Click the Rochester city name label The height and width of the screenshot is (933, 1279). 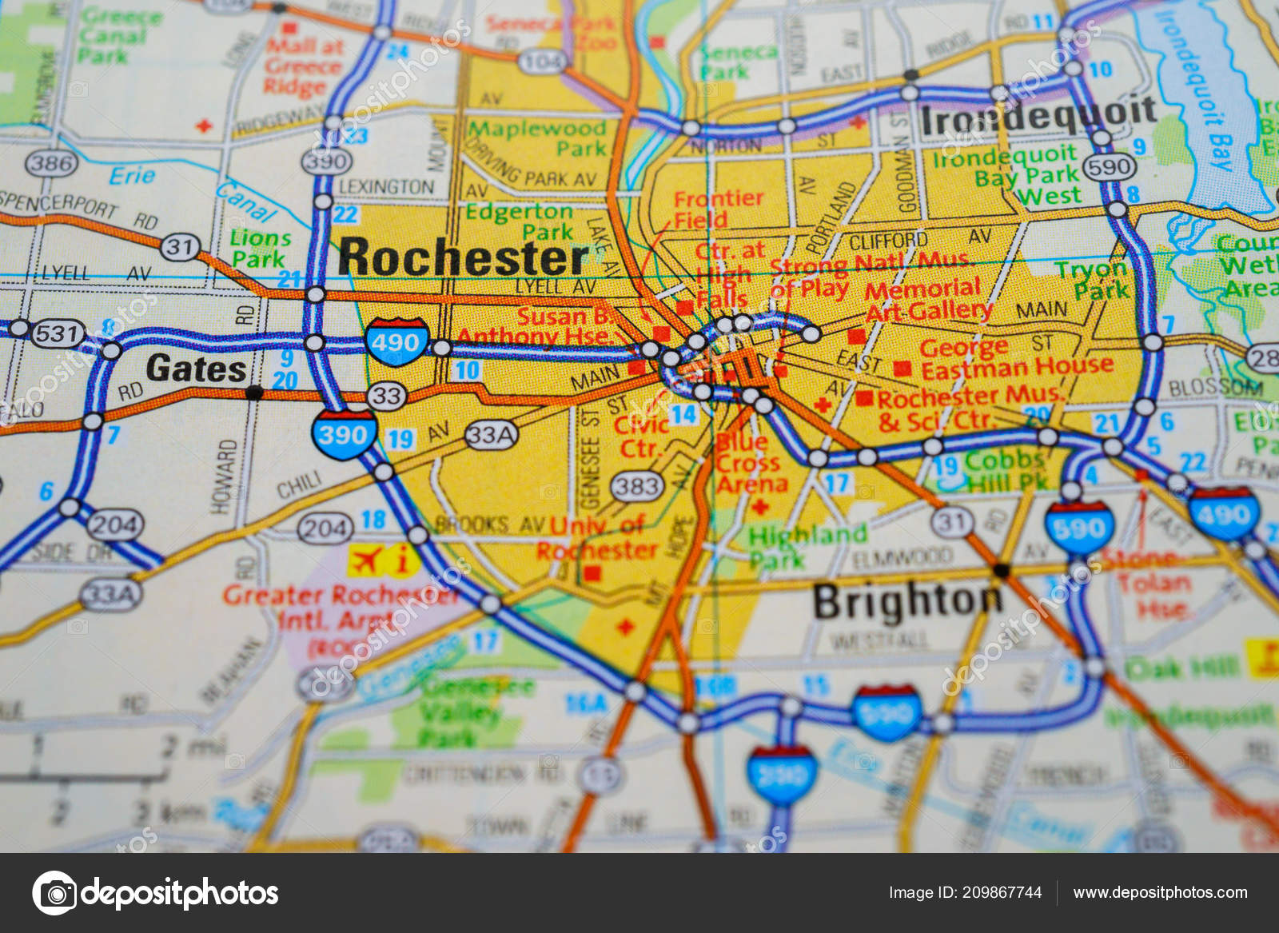[x=463, y=257]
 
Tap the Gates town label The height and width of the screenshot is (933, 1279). [x=196, y=369]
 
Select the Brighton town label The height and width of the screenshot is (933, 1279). [x=907, y=601]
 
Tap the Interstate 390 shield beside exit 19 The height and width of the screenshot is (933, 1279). [x=344, y=434]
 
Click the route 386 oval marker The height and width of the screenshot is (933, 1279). [x=52, y=164]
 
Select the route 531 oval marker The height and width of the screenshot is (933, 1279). [x=58, y=333]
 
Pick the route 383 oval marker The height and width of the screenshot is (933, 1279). [x=637, y=485]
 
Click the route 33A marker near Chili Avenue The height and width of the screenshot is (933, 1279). [x=491, y=435]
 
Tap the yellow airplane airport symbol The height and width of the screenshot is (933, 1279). [x=365, y=560]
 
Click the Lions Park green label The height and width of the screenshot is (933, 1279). [x=259, y=249]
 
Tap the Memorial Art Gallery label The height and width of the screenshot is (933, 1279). [x=927, y=300]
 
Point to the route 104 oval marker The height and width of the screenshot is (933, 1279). [x=541, y=61]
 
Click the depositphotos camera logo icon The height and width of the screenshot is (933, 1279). [x=54, y=892]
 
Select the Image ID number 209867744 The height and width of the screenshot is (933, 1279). [x=1002, y=892]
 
